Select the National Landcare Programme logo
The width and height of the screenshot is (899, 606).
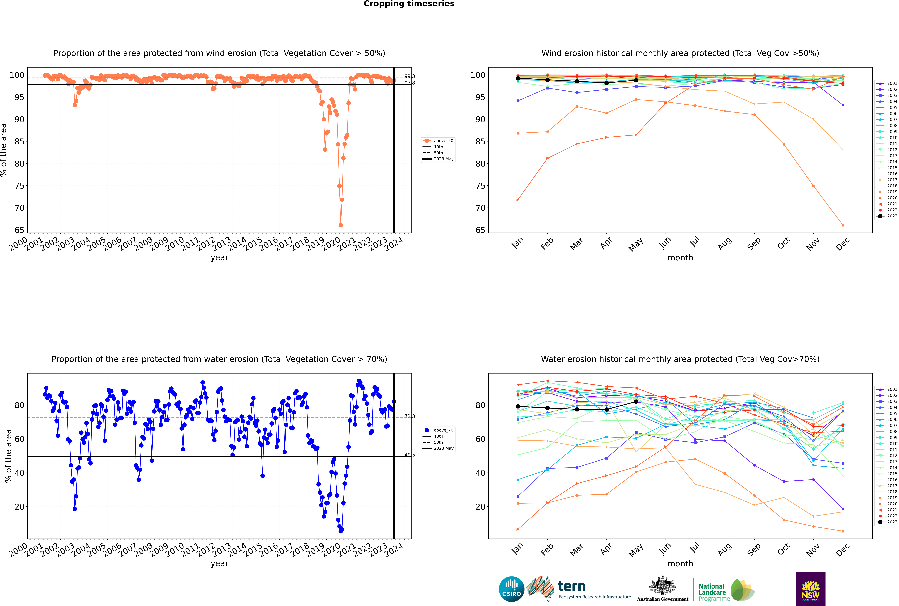click(x=726, y=590)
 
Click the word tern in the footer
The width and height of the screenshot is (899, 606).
click(x=572, y=587)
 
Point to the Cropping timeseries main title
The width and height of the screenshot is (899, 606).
click(x=409, y=4)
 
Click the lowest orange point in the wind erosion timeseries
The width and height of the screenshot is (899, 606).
click(x=340, y=225)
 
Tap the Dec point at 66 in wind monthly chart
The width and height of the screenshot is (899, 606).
click(x=843, y=225)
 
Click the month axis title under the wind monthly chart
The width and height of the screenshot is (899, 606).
click(x=680, y=258)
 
